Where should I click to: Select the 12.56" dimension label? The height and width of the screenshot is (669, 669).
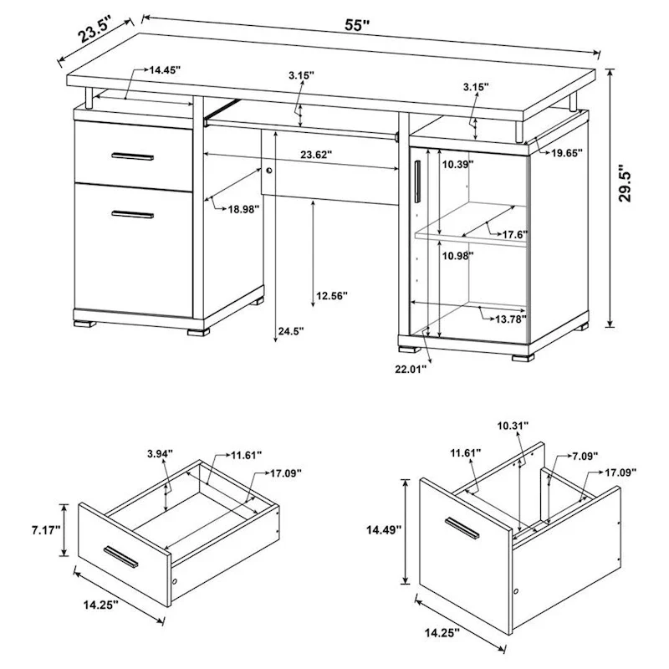(332, 294)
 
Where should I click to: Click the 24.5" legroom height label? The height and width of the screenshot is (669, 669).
(289, 332)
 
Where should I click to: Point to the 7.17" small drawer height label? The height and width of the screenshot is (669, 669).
(43, 529)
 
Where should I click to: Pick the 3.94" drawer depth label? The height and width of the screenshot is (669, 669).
(159, 454)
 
